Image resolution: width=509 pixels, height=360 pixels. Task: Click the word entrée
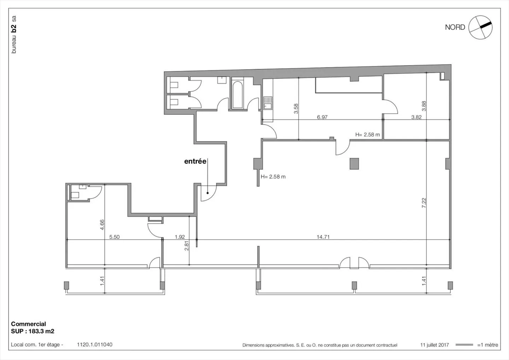(195, 161)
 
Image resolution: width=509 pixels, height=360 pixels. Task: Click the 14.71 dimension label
(323, 237)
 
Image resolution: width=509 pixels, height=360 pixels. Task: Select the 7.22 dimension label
(424, 203)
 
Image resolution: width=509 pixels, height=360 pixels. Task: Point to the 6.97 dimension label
(322, 117)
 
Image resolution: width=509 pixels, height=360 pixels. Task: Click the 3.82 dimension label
(416, 117)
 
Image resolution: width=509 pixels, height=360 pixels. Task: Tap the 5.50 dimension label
(114, 237)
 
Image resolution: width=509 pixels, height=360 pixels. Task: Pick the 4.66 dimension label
(102, 225)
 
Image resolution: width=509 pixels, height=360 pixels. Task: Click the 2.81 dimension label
(187, 246)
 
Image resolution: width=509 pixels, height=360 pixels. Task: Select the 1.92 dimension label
(180, 237)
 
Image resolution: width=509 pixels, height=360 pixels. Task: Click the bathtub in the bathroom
(238, 94)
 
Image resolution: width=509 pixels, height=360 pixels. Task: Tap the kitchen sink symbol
(268, 103)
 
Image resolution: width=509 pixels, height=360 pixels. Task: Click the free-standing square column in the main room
(354, 164)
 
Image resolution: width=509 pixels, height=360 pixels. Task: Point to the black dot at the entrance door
(207, 193)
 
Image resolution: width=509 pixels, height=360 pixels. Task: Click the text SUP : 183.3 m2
(33, 331)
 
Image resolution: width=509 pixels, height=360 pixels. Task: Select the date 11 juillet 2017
(434, 345)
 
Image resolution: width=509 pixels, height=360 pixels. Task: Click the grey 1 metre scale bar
(464, 345)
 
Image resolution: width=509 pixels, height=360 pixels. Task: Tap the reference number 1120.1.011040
(94, 344)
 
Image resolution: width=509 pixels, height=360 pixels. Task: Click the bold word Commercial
(28, 324)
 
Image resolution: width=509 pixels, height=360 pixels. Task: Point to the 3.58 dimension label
(296, 108)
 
